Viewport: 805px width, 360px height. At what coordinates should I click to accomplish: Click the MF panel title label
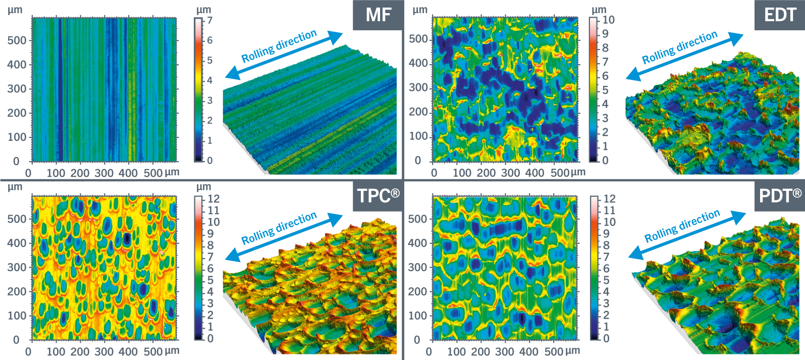[x=378, y=15]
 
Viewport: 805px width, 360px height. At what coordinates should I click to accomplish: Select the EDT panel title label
[x=780, y=15]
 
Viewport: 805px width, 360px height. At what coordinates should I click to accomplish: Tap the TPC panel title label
[x=378, y=195]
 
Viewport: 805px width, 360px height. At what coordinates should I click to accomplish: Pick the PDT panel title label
[x=780, y=195]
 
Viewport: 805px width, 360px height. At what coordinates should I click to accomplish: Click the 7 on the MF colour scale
[x=209, y=21]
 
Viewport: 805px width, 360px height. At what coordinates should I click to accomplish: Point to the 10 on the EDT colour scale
[x=609, y=20]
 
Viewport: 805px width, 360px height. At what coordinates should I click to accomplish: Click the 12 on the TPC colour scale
[x=213, y=199]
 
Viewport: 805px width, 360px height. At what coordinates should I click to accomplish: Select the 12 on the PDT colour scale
[x=609, y=199]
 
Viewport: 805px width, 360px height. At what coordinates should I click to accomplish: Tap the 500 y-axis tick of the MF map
[x=17, y=40]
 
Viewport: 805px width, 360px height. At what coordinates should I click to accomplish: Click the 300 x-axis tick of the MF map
[x=104, y=173]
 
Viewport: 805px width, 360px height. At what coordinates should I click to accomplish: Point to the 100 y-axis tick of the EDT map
[x=418, y=136]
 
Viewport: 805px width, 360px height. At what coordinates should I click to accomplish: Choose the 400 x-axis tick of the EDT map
[x=534, y=173]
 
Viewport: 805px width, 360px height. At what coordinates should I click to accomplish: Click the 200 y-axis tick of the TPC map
[x=17, y=291]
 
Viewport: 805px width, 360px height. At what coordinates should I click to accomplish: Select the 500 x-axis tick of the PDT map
[x=554, y=351]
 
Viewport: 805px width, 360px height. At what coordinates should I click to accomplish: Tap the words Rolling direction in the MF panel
[x=279, y=46]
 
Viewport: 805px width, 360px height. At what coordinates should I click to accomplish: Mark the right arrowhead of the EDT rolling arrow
[x=737, y=37]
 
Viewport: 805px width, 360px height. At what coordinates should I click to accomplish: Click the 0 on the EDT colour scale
[x=605, y=161]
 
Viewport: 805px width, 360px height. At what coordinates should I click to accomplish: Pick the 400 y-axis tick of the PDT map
[x=417, y=243]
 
